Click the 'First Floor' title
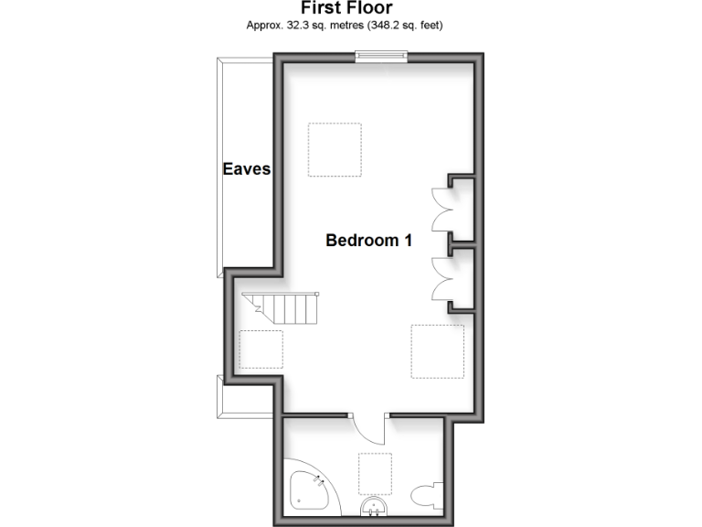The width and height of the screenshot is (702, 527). pyautogui.click(x=346, y=8)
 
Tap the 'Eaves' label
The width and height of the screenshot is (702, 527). pyautogui.click(x=247, y=169)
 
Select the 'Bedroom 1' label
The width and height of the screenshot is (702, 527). pyautogui.click(x=369, y=241)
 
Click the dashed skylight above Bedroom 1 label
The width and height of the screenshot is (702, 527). pyautogui.click(x=335, y=149)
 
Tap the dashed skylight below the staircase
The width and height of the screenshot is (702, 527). pyautogui.click(x=261, y=350)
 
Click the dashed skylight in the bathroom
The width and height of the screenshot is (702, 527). pyautogui.click(x=376, y=473)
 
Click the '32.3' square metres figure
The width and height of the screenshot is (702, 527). pyautogui.click(x=297, y=25)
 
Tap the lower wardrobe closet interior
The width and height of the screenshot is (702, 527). pyautogui.click(x=462, y=276)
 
